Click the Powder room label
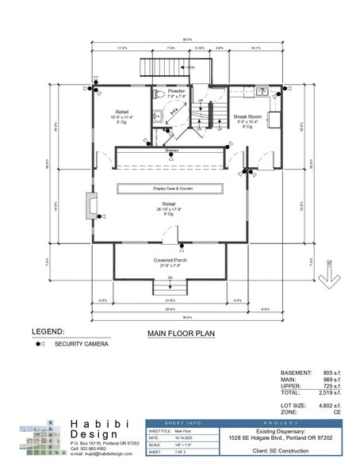click(x=176, y=92)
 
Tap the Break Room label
click(x=248, y=117)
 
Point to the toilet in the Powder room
click(x=159, y=95)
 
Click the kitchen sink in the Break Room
click(x=263, y=92)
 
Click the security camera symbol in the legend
click(x=39, y=345)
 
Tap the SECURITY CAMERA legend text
click(x=82, y=345)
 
